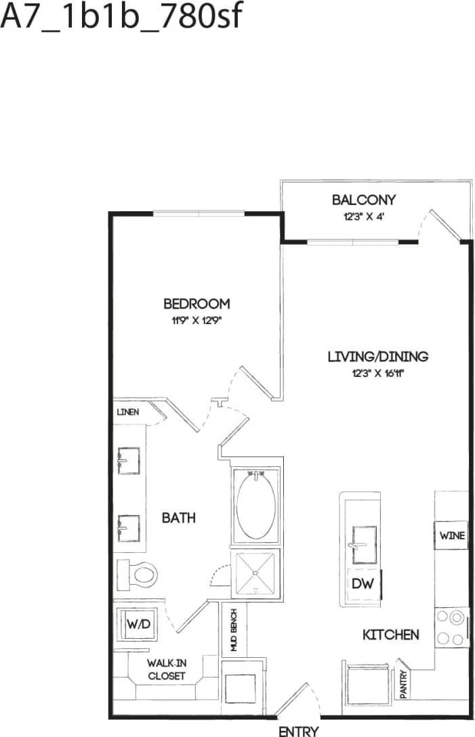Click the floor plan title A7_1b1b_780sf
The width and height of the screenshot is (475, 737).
[x=121, y=18]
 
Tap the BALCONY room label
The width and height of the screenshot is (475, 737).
[x=363, y=200]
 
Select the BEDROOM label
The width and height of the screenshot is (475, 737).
[x=197, y=304]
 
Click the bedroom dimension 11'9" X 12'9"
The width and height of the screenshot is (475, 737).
[x=197, y=321]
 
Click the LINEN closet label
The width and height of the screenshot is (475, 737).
[x=128, y=411]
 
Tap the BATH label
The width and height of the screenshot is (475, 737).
[x=178, y=518]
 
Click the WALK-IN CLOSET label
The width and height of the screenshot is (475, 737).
[x=166, y=669]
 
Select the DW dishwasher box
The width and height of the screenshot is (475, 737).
[x=361, y=583]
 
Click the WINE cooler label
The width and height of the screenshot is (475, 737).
[x=452, y=536]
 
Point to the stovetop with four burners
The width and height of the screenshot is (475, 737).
[x=452, y=627]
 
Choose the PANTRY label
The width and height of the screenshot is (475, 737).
[x=403, y=684]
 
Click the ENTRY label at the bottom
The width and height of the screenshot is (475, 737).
[x=298, y=731]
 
